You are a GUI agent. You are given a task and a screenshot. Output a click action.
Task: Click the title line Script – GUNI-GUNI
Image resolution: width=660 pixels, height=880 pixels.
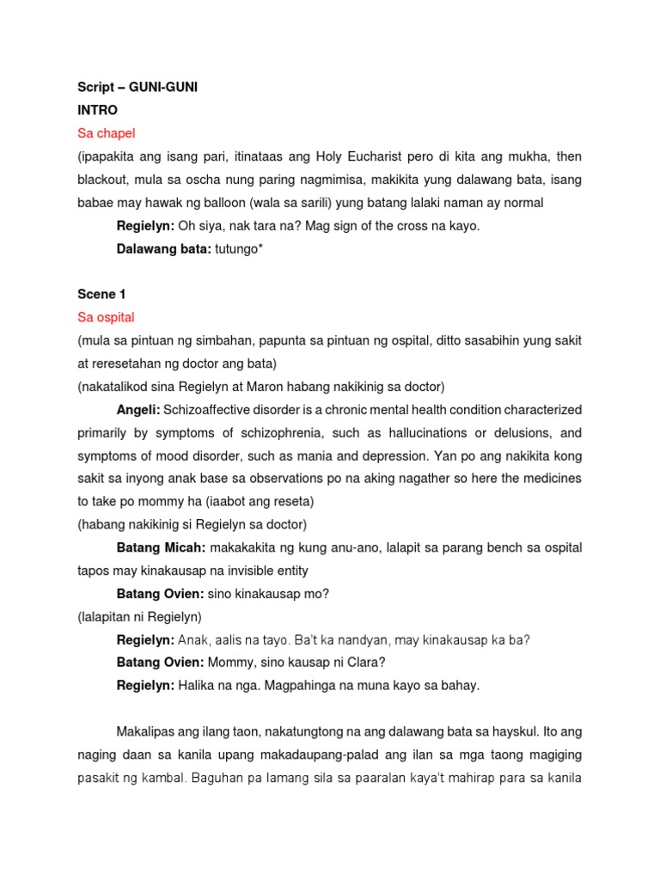(137, 89)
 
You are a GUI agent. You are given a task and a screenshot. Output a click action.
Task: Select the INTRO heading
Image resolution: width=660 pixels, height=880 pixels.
(97, 111)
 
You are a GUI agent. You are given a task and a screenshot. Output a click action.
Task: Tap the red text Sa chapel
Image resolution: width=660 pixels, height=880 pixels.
(107, 133)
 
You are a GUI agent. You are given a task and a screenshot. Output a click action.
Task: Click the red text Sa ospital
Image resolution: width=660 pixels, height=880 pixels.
(106, 317)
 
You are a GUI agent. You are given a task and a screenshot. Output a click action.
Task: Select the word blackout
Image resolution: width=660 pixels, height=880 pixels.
(105, 180)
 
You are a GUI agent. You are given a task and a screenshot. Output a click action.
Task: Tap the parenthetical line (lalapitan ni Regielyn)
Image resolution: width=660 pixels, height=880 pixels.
(139, 616)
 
